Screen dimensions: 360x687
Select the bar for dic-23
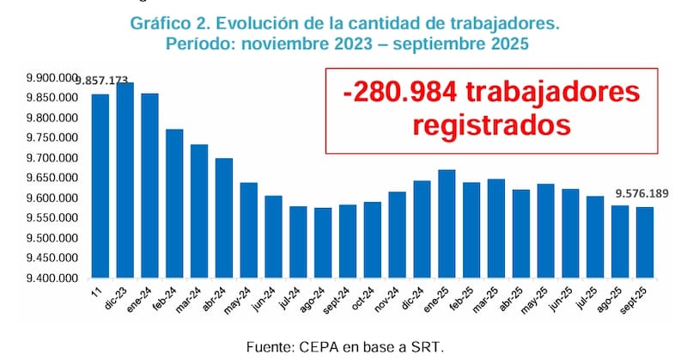click(x=125, y=180)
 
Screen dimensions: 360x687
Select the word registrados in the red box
click(x=491, y=125)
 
